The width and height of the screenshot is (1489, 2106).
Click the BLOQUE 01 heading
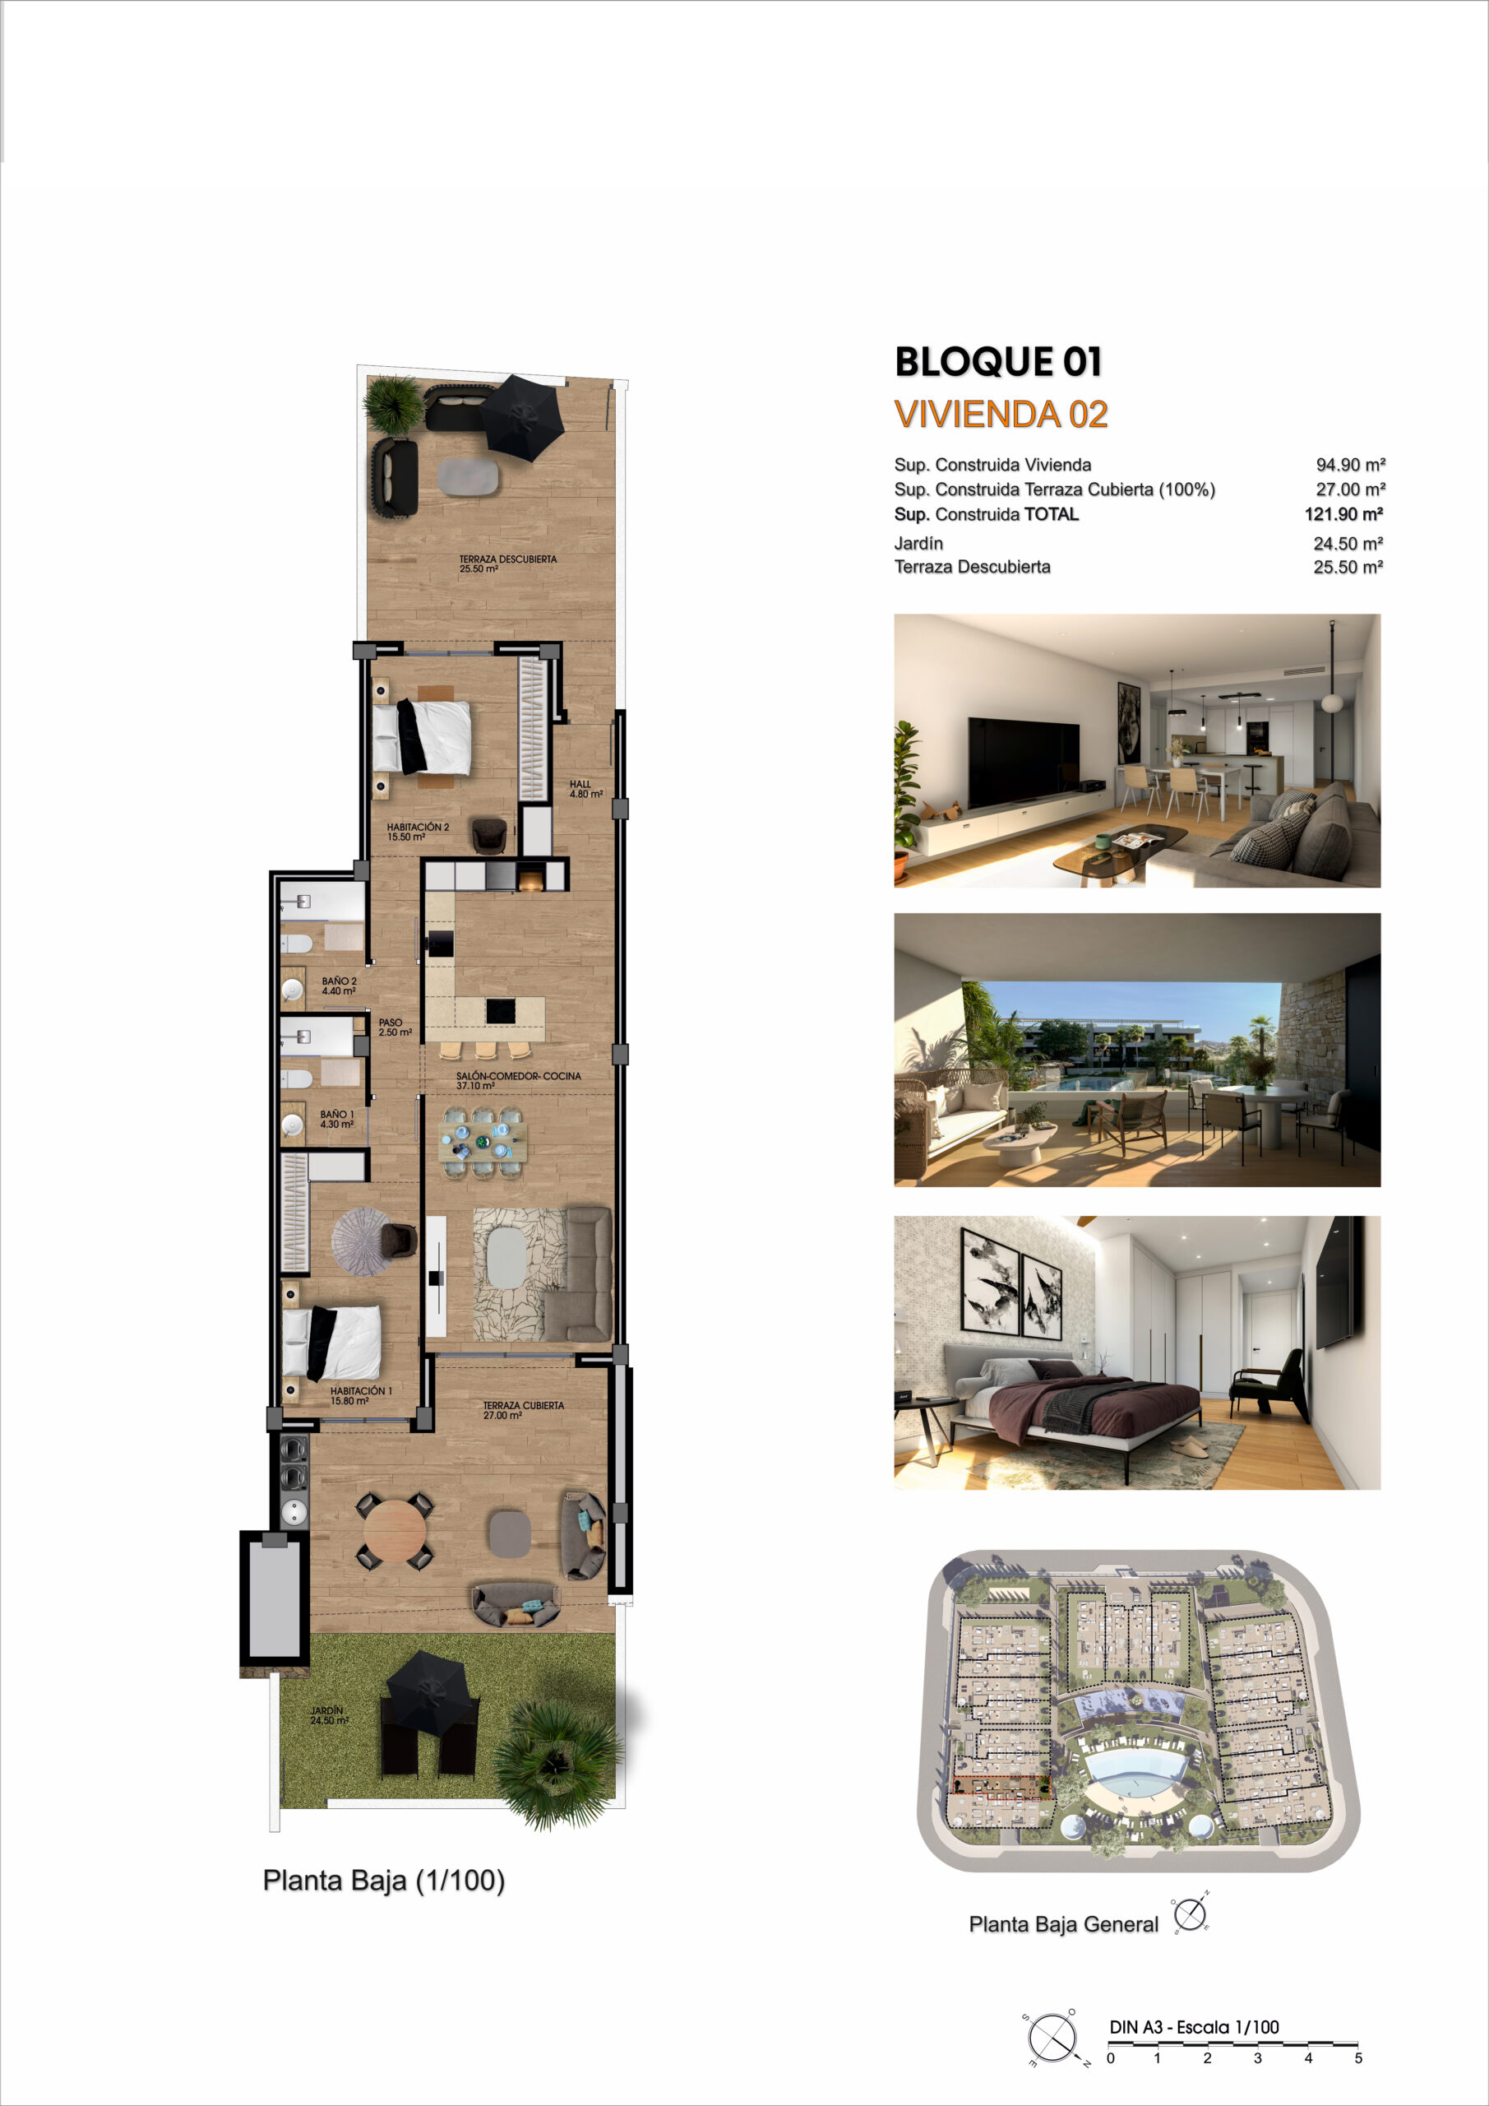pyautogui.click(x=997, y=361)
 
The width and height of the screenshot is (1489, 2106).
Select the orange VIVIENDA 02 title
pyautogui.click(x=1001, y=415)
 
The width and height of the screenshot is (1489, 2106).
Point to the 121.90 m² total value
pyautogui.click(x=1343, y=515)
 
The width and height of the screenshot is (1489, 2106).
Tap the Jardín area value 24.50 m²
pyautogui.click(x=1348, y=544)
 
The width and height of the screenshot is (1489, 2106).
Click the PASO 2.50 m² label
pyautogui.click(x=395, y=1027)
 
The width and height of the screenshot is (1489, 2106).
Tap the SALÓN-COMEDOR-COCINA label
pyautogui.click(x=519, y=1076)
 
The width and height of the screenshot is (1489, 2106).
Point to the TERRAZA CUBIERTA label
pyautogui.click(x=524, y=1405)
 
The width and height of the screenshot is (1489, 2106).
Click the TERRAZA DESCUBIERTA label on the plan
pyautogui.click(x=508, y=559)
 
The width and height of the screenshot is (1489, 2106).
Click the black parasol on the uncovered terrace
pyautogui.click(x=523, y=417)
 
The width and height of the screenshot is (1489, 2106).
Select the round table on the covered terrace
pyautogui.click(x=395, y=1531)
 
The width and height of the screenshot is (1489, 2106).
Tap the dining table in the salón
pyautogui.click(x=483, y=1143)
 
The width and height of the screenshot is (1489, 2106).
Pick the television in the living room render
pyautogui.click(x=1024, y=760)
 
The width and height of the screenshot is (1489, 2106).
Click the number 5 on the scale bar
pyautogui.click(x=1358, y=2057)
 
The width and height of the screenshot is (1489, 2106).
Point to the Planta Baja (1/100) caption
pyautogui.click(x=384, y=1881)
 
